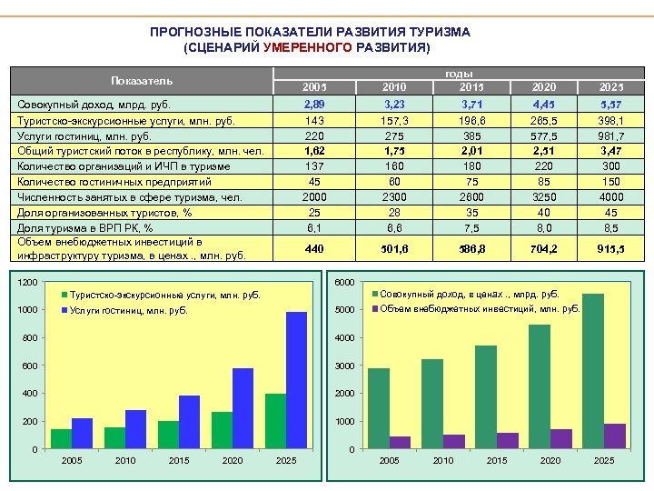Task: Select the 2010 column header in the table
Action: (x=394, y=86)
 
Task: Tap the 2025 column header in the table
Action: (x=611, y=86)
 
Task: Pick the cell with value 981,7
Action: (x=611, y=135)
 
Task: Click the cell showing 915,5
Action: (x=611, y=249)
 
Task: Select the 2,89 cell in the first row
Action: (x=314, y=105)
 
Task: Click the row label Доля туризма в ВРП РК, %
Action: (x=84, y=227)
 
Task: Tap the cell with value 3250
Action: (x=544, y=196)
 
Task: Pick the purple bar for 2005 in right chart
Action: (x=400, y=442)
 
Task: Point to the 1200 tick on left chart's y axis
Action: (x=28, y=283)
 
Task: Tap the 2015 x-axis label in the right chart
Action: (x=497, y=461)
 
